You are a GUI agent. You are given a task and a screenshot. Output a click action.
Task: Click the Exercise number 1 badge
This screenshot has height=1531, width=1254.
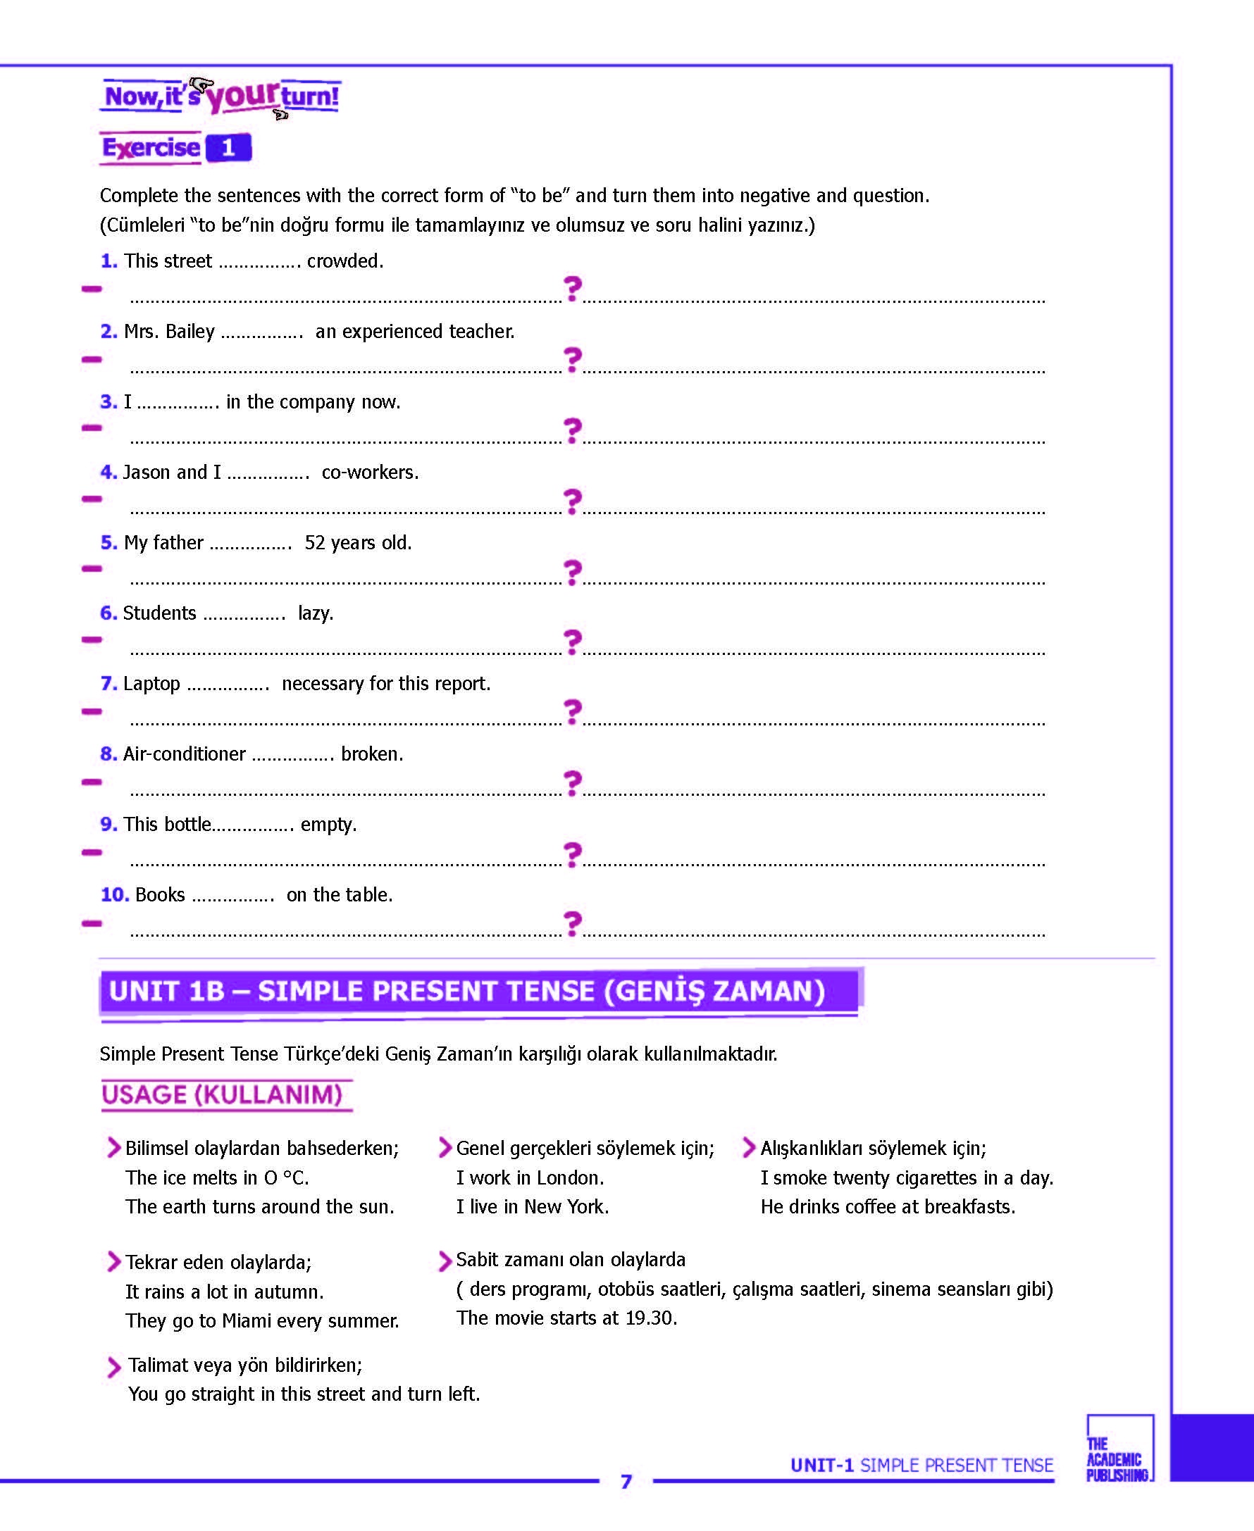coord(228,148)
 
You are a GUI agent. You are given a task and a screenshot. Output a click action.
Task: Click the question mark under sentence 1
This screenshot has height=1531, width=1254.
coord(572,289)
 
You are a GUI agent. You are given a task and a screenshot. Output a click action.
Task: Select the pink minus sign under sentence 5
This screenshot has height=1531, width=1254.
coord(92,569)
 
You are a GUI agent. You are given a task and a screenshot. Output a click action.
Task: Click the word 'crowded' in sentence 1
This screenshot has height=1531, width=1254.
coord(343,261)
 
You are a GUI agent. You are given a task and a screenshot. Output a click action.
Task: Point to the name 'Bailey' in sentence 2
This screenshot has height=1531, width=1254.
coord(190,332)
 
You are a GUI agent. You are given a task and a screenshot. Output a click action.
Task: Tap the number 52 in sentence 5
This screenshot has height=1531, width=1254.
coord(315,543)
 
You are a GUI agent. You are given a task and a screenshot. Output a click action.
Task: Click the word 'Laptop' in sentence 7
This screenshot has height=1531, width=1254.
coord(151,684)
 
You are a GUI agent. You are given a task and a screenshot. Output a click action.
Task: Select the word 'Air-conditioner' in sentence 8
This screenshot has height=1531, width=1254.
coord(184,754)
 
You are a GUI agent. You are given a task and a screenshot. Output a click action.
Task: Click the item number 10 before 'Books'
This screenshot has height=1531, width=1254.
coord(114,895)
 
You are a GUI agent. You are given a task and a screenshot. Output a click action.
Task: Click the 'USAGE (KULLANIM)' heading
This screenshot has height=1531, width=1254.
coord(222,1095)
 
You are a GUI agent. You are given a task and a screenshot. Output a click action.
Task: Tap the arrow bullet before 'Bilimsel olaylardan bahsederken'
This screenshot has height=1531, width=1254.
coord(113,1147)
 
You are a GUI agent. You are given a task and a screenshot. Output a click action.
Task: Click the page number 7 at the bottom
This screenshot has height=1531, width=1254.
coord(626,1482)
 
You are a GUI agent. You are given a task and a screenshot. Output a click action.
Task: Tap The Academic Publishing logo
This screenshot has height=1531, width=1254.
coord(1119,1458)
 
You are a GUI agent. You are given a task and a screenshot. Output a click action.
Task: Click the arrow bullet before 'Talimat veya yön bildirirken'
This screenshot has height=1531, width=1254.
coord(113,1367)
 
